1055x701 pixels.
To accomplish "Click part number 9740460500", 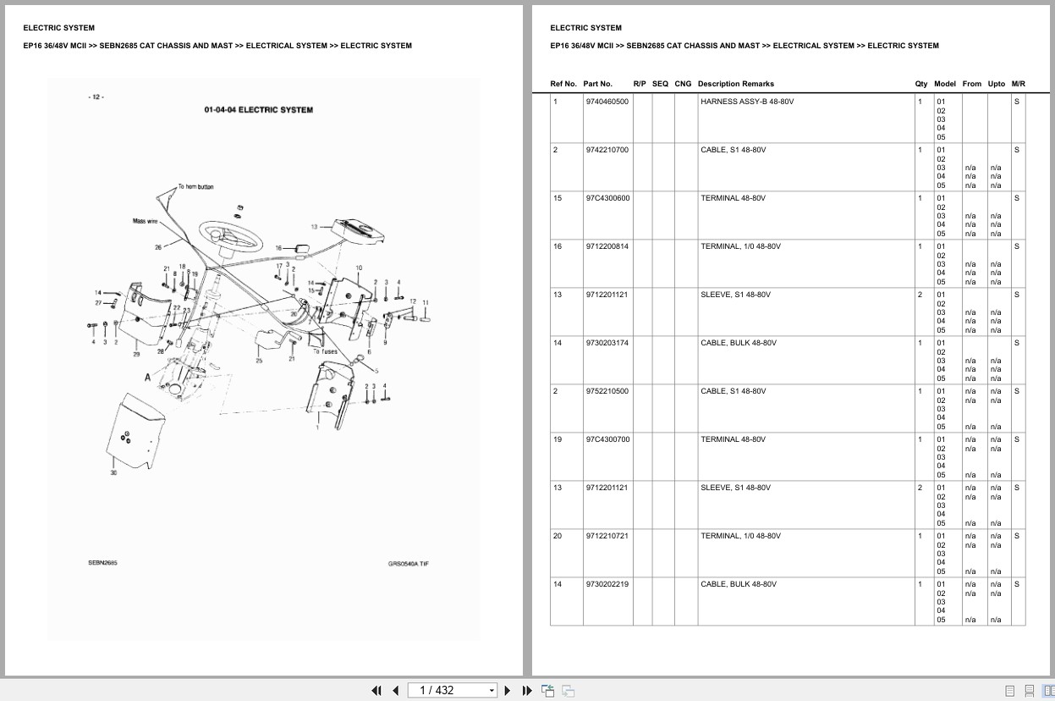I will click(x=607, y=102).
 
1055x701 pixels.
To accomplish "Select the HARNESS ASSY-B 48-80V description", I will click(x=747, y=102).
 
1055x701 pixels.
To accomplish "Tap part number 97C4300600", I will click(x=607, y=198).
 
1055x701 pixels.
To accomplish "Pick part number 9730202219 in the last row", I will click(x=607, y=584).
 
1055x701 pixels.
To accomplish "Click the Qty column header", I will click(x=920, y=84).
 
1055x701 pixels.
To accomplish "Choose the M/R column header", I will click(x=1018, y=84).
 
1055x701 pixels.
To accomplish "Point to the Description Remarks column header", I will click(x=735, y=84).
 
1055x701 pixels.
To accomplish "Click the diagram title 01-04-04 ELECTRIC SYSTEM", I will click(x=258, y=110).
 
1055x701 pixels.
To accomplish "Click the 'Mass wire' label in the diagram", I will click(x=145, y=222).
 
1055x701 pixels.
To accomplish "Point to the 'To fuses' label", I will click(x=324, y=351).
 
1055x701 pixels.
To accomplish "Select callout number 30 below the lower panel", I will click(x=113, y=472).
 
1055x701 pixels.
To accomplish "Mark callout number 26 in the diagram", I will click(x=157, y=247).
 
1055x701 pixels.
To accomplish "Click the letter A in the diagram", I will click(x=147, y=378).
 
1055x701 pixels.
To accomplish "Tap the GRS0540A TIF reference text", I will click(x=408, y=564).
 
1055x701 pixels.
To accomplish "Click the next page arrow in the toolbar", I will click(x=507, y=690).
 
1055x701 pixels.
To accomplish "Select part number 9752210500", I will click(x=607, y=391).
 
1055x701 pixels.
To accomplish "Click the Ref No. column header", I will click(x=563, y=84).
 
